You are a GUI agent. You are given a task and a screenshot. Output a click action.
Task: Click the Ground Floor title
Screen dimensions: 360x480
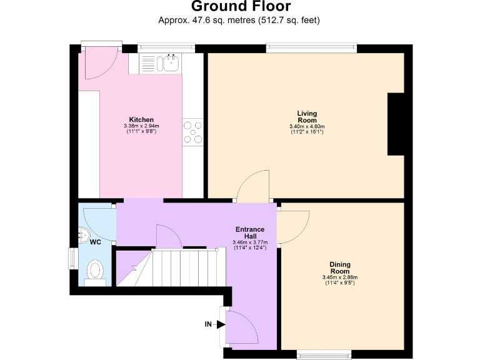(x=240, y=7)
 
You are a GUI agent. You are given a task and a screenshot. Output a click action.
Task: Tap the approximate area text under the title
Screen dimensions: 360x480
(x=240, y=21)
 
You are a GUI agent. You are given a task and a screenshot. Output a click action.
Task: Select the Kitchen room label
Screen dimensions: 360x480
(x=141, y=119)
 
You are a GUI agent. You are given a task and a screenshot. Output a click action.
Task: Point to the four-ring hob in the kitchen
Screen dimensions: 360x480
(x=192, y=132)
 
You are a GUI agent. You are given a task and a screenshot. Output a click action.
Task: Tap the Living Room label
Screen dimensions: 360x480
(x=307, y=116)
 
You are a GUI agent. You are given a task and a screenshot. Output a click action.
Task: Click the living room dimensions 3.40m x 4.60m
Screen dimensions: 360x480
(x=307, y=127)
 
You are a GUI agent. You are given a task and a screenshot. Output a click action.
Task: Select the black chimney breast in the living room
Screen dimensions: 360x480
(x=396, y=124)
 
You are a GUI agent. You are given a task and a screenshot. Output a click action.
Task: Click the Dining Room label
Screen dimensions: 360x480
(x=339, y=267)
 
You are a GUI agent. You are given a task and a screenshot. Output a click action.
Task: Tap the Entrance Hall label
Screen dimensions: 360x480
(x=249, y=232)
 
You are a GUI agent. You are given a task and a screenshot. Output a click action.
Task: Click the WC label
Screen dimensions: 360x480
(x=95, y=241)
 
